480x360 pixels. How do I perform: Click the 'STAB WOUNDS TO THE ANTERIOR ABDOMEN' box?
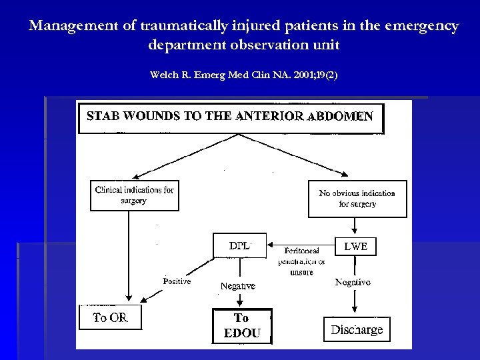(231, 117)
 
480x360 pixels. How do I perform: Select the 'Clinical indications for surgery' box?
(135, 195)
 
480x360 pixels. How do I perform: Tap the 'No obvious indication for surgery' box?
(357, 199)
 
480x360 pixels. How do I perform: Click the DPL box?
(239, 245)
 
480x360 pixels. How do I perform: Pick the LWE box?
(355, 246)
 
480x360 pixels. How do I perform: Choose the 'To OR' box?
(111, 318)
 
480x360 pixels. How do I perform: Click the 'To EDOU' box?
(241, 326)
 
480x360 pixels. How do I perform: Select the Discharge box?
(357, 329)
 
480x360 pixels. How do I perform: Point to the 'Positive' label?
(177, 281)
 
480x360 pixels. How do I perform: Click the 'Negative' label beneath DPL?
(238, 286)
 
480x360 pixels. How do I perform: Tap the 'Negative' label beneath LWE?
(353, 283)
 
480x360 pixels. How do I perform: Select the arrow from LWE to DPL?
(300, 244)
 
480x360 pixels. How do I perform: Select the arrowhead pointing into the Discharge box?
(354, 310)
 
